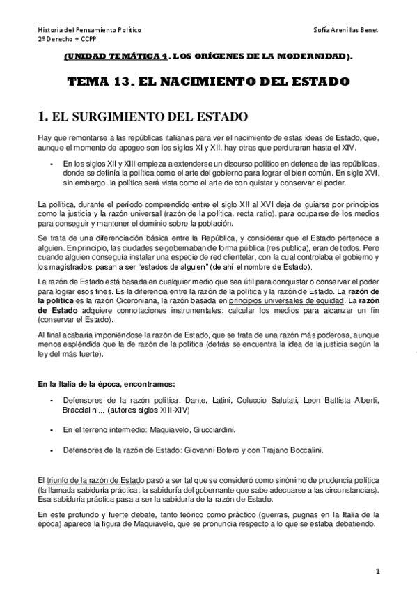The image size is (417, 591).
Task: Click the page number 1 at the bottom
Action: tap(377, 571)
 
